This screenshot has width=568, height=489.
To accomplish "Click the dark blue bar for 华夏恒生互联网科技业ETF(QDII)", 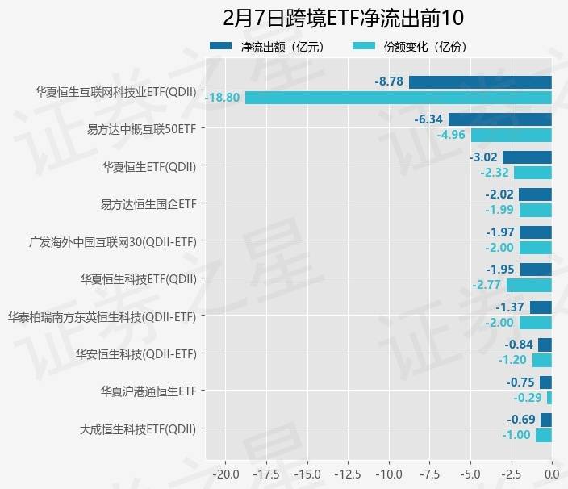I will pyautogui.click(x=480, y=81).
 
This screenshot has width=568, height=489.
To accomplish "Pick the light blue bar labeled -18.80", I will pyautogui.click(x=399, y=98).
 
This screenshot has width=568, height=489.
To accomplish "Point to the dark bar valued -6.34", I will pyautogui.click(x=500, y=119).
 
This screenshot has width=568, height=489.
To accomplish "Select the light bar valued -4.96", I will pyautogui.click(x=512, y=135).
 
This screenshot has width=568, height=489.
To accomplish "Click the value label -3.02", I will pyautogui.click(x=482, y=157).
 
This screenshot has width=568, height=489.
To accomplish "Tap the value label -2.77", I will pyautogui.click(x=487, y=285).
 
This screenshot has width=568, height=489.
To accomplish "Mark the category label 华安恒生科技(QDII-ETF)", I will pyautogui.click(x=136, y=353).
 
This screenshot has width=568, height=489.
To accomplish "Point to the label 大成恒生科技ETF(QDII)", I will pyautogui.click(x=138, y=428).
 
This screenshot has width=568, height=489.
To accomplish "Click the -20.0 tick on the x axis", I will pyautogui.click(x=225, y=473).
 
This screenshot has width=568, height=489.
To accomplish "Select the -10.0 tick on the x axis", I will pyautogui.click(x=388, y=473).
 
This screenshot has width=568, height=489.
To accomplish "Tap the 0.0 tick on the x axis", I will pyautogui.click(x=552, y=473).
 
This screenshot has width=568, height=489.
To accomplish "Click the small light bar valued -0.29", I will pyautogui.click(x=549, y=398).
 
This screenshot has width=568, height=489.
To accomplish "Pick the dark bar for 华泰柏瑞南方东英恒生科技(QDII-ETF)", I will pyautogui.click(x=541, y=307).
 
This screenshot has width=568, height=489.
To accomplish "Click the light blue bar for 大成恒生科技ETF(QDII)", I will pyautogui.click(x=544, y=435).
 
